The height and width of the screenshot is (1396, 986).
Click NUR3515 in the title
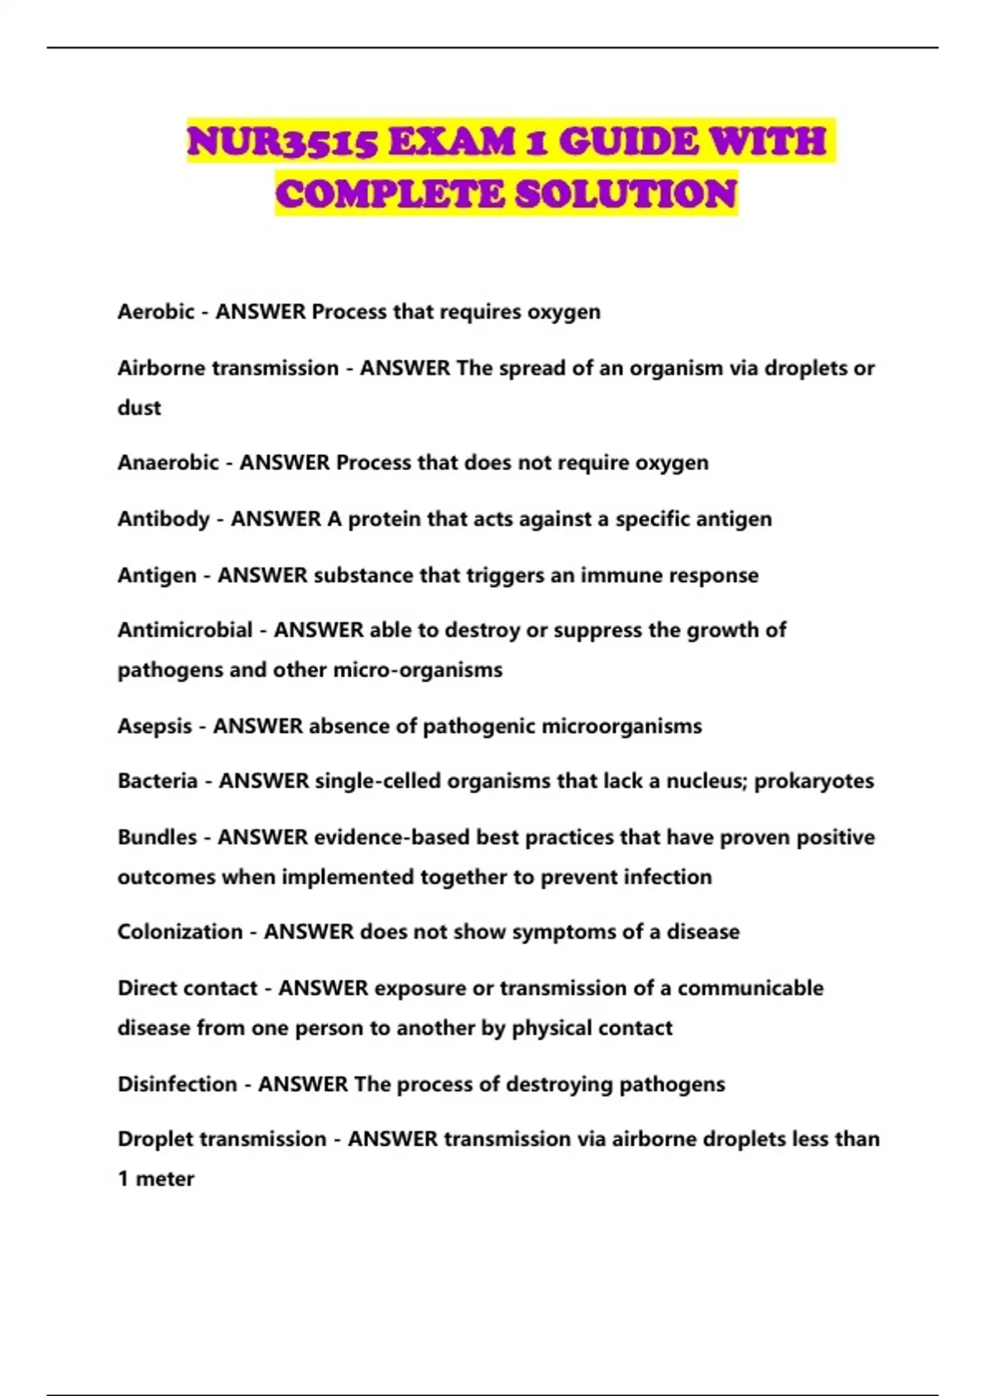coord(282,142)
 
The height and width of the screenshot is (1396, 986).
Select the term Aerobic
coord(156,312)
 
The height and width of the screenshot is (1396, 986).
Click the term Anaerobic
coord(168,463)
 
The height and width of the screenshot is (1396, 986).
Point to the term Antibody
coord(164,519)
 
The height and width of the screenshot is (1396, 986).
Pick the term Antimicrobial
coord(185,630)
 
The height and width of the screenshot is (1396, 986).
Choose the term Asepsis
coord(154,726)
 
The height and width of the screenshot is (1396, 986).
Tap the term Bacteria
coord(158,781)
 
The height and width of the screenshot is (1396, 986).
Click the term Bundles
coord(157,838)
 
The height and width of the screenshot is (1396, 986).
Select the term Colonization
coord(180,932)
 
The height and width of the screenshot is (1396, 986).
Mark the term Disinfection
coord(177,1085)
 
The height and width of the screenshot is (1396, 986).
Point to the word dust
coord(139,408)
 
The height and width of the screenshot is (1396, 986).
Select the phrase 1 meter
coord(156,1179)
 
